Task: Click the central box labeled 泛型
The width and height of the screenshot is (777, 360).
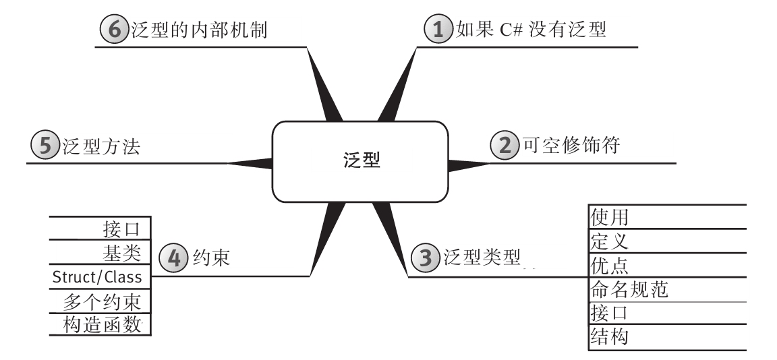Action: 359,161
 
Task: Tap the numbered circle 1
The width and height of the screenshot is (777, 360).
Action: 436,30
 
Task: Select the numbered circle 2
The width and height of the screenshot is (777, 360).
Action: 502,146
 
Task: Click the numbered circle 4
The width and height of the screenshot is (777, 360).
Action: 171,258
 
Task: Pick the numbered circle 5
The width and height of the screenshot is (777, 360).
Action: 45,146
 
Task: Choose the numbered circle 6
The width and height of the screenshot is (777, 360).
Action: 113,30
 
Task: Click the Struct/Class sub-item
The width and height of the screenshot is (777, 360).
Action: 97,276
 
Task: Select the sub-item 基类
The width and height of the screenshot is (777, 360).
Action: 121,253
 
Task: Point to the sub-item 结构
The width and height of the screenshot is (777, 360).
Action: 610,336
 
